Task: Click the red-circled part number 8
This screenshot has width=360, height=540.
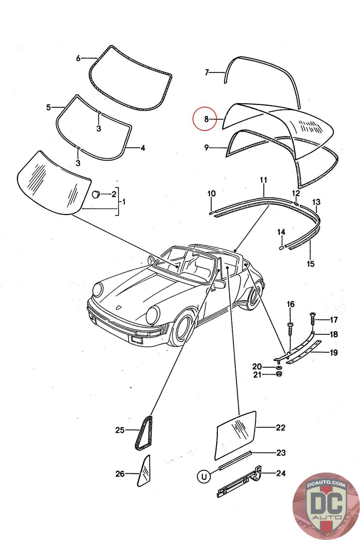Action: tap(206, 119)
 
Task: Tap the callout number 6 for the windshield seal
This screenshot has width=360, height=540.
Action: tap(78, 58)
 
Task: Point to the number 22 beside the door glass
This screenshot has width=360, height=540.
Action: tap(281, 428)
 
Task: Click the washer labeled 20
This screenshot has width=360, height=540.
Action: tap(279, 367)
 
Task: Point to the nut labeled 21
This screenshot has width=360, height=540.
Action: tap(279, 374)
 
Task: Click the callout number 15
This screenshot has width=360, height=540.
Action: tap(310, 264)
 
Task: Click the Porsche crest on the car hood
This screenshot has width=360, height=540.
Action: tap(119, 307)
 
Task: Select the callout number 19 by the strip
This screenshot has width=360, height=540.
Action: tap(334, 353)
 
